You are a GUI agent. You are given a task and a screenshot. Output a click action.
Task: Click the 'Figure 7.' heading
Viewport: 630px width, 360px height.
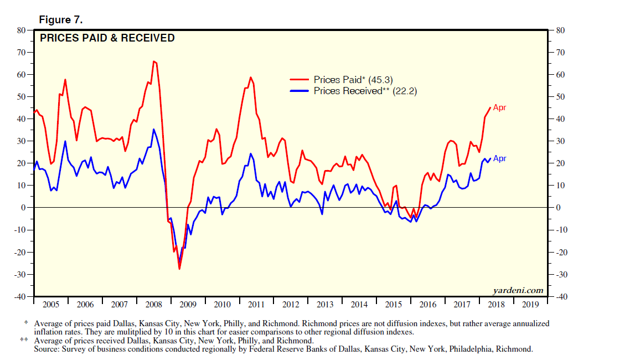60,20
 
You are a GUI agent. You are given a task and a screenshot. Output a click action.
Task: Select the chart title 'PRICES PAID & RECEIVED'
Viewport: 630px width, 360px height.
107,38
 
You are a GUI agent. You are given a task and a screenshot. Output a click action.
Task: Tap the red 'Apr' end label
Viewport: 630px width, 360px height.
499,107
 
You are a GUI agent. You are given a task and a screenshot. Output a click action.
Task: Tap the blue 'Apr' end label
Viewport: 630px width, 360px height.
499,158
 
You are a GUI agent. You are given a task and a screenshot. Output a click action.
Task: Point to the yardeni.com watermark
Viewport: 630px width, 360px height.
518,291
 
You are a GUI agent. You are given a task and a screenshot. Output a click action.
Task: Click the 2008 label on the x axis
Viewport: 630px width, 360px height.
153,304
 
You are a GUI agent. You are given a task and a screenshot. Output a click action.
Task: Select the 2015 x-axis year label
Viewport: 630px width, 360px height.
393,304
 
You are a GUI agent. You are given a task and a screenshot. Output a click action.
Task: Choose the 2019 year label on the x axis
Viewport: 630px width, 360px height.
530,304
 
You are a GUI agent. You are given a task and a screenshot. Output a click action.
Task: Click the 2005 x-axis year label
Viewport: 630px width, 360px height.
51,304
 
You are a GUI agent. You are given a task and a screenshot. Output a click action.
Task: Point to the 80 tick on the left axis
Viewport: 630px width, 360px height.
20,30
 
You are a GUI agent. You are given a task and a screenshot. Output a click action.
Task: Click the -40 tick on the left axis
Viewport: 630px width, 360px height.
19,297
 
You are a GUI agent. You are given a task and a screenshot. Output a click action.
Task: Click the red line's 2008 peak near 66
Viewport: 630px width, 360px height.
154,61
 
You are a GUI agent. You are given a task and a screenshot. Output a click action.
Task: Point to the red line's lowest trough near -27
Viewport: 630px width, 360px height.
179,269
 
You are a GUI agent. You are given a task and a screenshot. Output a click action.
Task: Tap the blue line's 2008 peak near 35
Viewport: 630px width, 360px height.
153,129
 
